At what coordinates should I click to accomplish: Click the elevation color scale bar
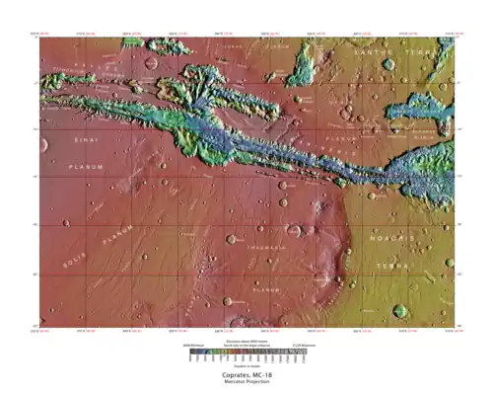click(246, 353)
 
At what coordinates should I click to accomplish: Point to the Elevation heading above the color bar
click(246, 340)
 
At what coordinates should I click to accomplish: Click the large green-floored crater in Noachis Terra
click(400, 310)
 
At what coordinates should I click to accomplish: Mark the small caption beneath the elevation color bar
click(246, 365)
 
